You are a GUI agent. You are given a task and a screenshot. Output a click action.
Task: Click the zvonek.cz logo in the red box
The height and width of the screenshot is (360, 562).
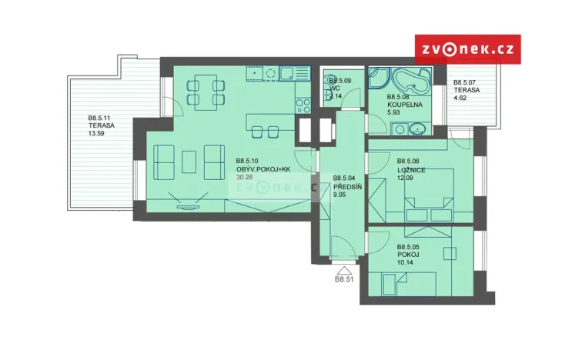point(467,49)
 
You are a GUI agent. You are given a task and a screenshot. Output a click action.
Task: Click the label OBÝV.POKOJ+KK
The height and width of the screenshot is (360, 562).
point(263,169)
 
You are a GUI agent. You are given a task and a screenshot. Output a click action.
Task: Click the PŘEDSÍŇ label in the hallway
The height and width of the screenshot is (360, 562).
point(349,186)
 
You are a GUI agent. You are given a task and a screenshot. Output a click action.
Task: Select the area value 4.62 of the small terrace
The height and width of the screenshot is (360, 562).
point(461,98)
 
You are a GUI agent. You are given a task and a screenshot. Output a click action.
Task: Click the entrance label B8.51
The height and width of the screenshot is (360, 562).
point(344,280)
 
